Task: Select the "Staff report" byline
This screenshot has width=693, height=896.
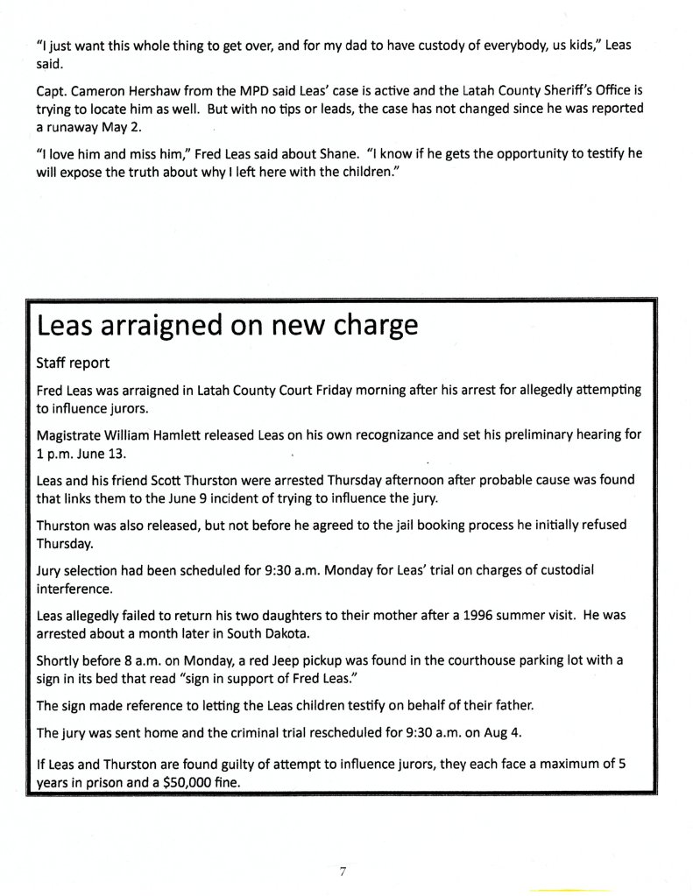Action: [74, 362]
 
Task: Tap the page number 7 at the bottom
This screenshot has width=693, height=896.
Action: [343, 871]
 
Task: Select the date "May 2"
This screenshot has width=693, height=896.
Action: [123, 126]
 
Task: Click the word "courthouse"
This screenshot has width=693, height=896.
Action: [482, 661]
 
